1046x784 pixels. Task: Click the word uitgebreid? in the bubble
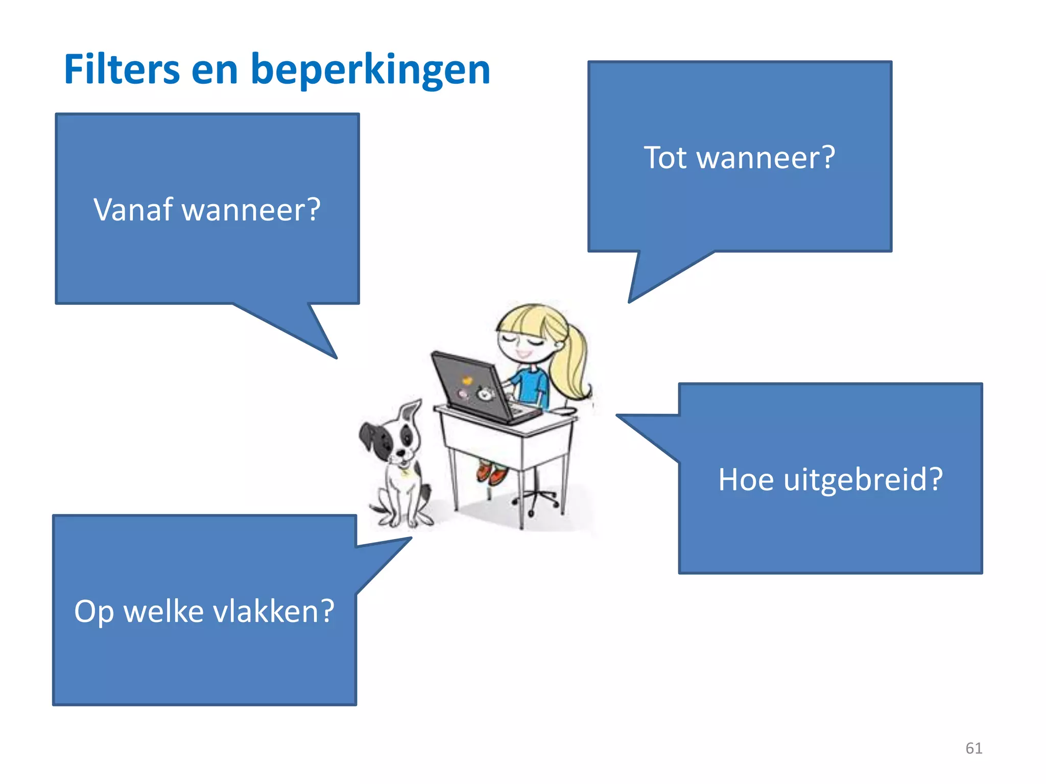click(863, 480)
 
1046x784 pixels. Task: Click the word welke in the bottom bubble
click(164, 611)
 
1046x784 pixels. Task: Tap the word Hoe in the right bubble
click(746, 480)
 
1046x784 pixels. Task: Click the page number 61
click(973, 748)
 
